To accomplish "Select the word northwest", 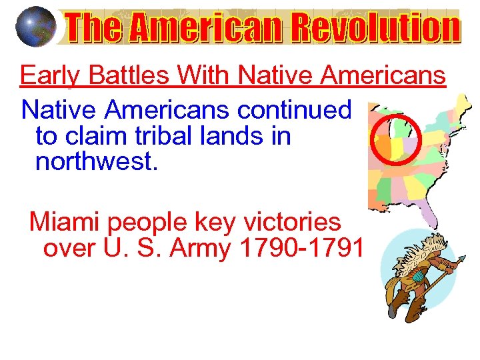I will click(97, 161).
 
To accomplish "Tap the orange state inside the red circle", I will click(385, 141).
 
